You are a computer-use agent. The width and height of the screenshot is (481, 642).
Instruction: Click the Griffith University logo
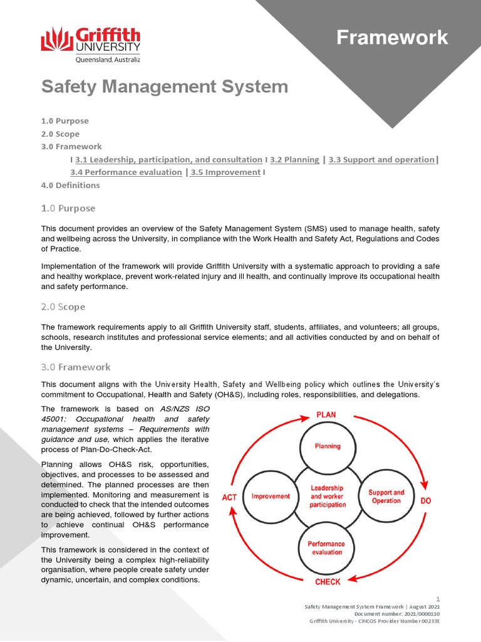91,45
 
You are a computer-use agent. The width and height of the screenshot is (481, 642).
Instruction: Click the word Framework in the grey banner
392,38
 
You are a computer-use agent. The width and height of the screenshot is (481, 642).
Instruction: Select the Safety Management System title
165,87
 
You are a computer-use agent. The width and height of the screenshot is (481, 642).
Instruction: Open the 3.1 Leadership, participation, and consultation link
168,160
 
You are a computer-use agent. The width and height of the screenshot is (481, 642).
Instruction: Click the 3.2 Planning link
294,160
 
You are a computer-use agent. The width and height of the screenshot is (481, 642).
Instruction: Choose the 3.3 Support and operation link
381,160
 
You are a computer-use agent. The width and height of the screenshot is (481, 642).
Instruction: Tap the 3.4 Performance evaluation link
126,172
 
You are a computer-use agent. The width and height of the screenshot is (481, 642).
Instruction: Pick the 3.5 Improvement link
225,172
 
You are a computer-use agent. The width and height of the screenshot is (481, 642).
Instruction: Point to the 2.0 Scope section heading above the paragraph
63,307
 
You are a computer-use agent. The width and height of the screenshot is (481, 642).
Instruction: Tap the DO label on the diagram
425,501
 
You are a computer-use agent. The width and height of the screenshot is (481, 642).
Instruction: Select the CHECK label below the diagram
328,582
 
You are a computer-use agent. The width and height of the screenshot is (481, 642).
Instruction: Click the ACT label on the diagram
230,497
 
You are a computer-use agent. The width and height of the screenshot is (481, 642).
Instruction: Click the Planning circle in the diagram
328,446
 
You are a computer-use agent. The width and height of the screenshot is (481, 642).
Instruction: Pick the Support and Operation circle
386,497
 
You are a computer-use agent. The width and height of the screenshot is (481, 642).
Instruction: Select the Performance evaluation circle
326,547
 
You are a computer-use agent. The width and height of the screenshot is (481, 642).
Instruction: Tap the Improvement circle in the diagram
271,496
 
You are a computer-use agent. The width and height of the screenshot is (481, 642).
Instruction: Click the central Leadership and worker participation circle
327,496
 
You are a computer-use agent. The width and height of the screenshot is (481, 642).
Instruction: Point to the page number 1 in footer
438,599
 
